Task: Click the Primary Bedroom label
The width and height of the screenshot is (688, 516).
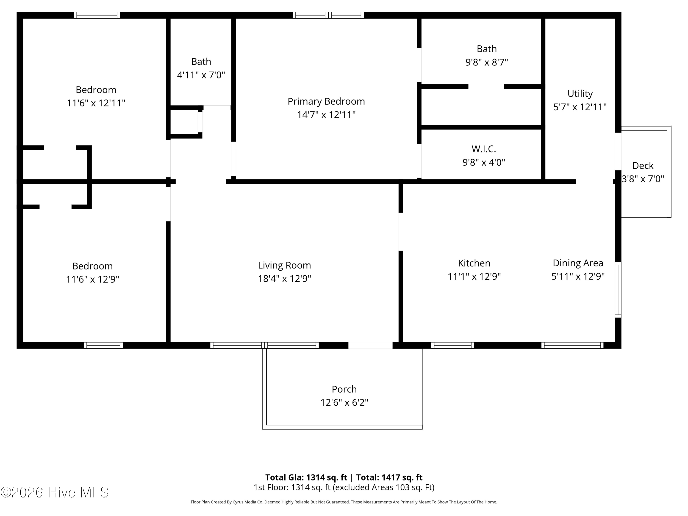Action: click(x=326, y=101)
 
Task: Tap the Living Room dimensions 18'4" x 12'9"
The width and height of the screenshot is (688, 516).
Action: click(x=284, y=278)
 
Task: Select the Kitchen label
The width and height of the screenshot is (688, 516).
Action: click(x=474, y=263)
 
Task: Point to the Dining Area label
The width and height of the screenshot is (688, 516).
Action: click(x=578, y=263)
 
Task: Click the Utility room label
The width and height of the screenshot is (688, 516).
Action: click(x=580, y=94)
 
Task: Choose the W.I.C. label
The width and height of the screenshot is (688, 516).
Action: click(x=484, y=149)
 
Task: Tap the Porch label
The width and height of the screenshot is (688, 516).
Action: click(x=344, y=389)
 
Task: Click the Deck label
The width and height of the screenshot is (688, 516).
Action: click(x=643, y=166)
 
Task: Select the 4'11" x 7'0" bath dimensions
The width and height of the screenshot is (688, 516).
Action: click(x=201, y=75)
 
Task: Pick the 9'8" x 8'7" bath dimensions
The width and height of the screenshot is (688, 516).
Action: click(x=486, y=62)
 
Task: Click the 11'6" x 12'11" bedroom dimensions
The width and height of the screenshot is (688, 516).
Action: click(x=96, y=103)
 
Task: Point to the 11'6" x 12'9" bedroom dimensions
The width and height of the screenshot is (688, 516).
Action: click(x=92, y=279)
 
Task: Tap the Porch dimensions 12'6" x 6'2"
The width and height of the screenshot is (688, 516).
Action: click(x=344, y=402)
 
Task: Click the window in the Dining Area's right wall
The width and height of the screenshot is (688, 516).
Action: click(x=618, y=290)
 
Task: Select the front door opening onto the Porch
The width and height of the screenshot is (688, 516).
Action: click(x=370, y=345)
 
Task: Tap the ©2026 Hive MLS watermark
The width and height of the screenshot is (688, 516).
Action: click(x=55, y=492)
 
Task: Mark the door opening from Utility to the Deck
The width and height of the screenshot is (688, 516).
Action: click(x=618, y=151)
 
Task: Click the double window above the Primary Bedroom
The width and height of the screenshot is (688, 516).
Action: click(x=328, y=15)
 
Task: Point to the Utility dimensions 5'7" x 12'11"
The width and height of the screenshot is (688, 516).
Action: click(x=580, y=107)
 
